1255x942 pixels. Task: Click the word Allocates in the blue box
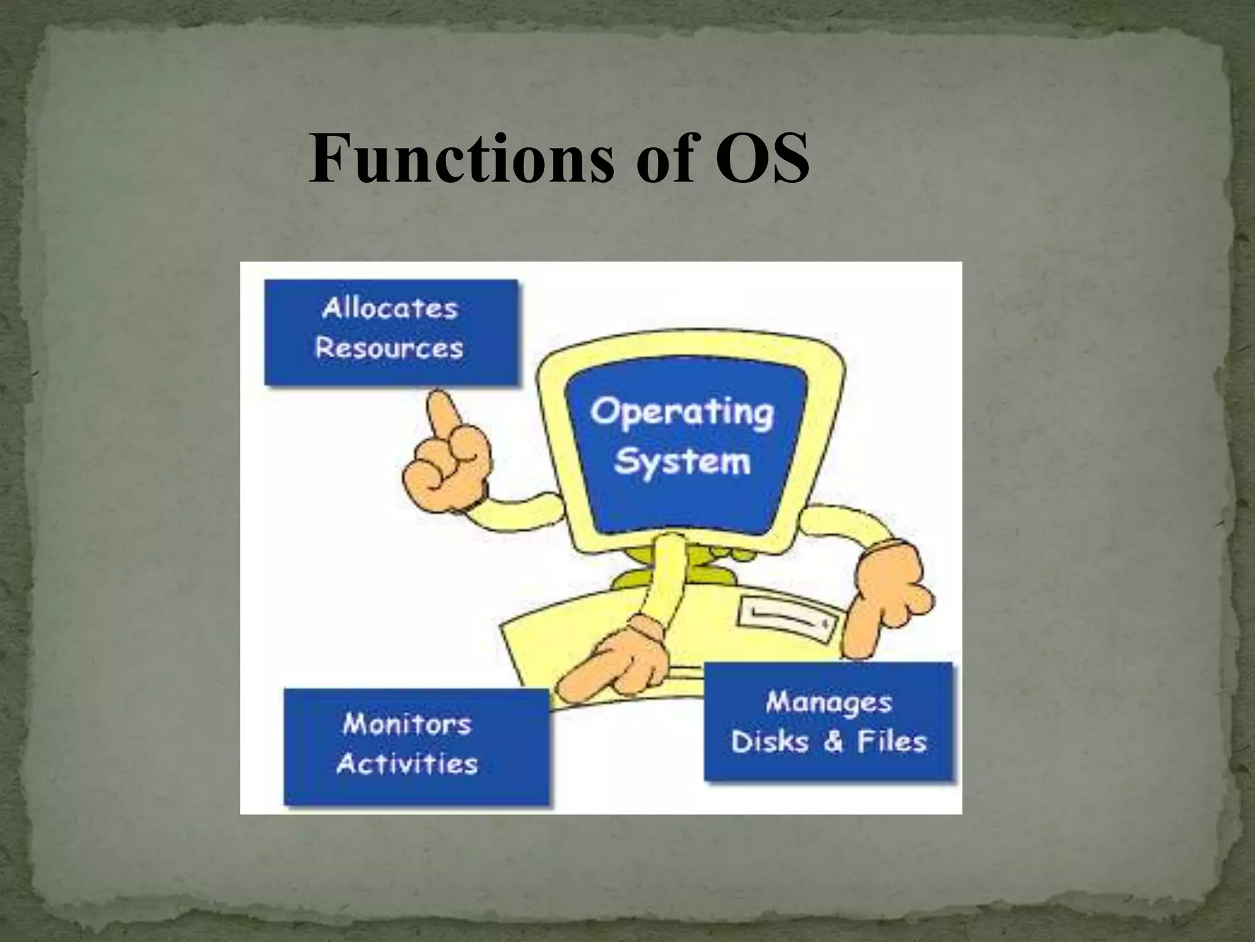pyautogui.click(x=390, y=308)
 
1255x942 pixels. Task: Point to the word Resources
pyautogui.click(x=389, y=348)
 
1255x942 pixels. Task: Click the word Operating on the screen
pyautogui.click(x=681, y=412)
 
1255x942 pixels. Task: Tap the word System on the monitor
pyautogui.click(x=682, y=461)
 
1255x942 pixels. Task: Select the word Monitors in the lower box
pyautogui.click(x=407, y=724)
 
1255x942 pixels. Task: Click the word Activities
pyautogui.click(x=407, y=764)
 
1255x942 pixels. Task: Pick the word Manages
pyautogui.click(x=828, y=702)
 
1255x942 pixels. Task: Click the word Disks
pyautogui.click(x=769, y=741)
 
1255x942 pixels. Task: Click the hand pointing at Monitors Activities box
pyautogui.click(x=613, y=668)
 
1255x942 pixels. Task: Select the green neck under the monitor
pyautogui.click(x=699, y=567)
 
